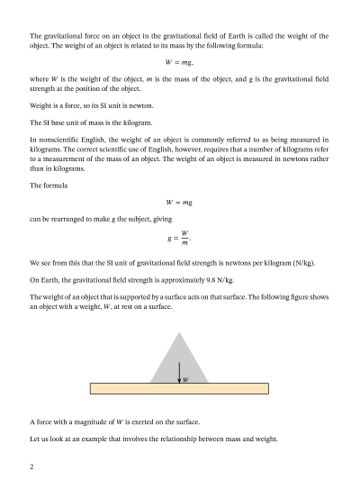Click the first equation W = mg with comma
tap(180, 61)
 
